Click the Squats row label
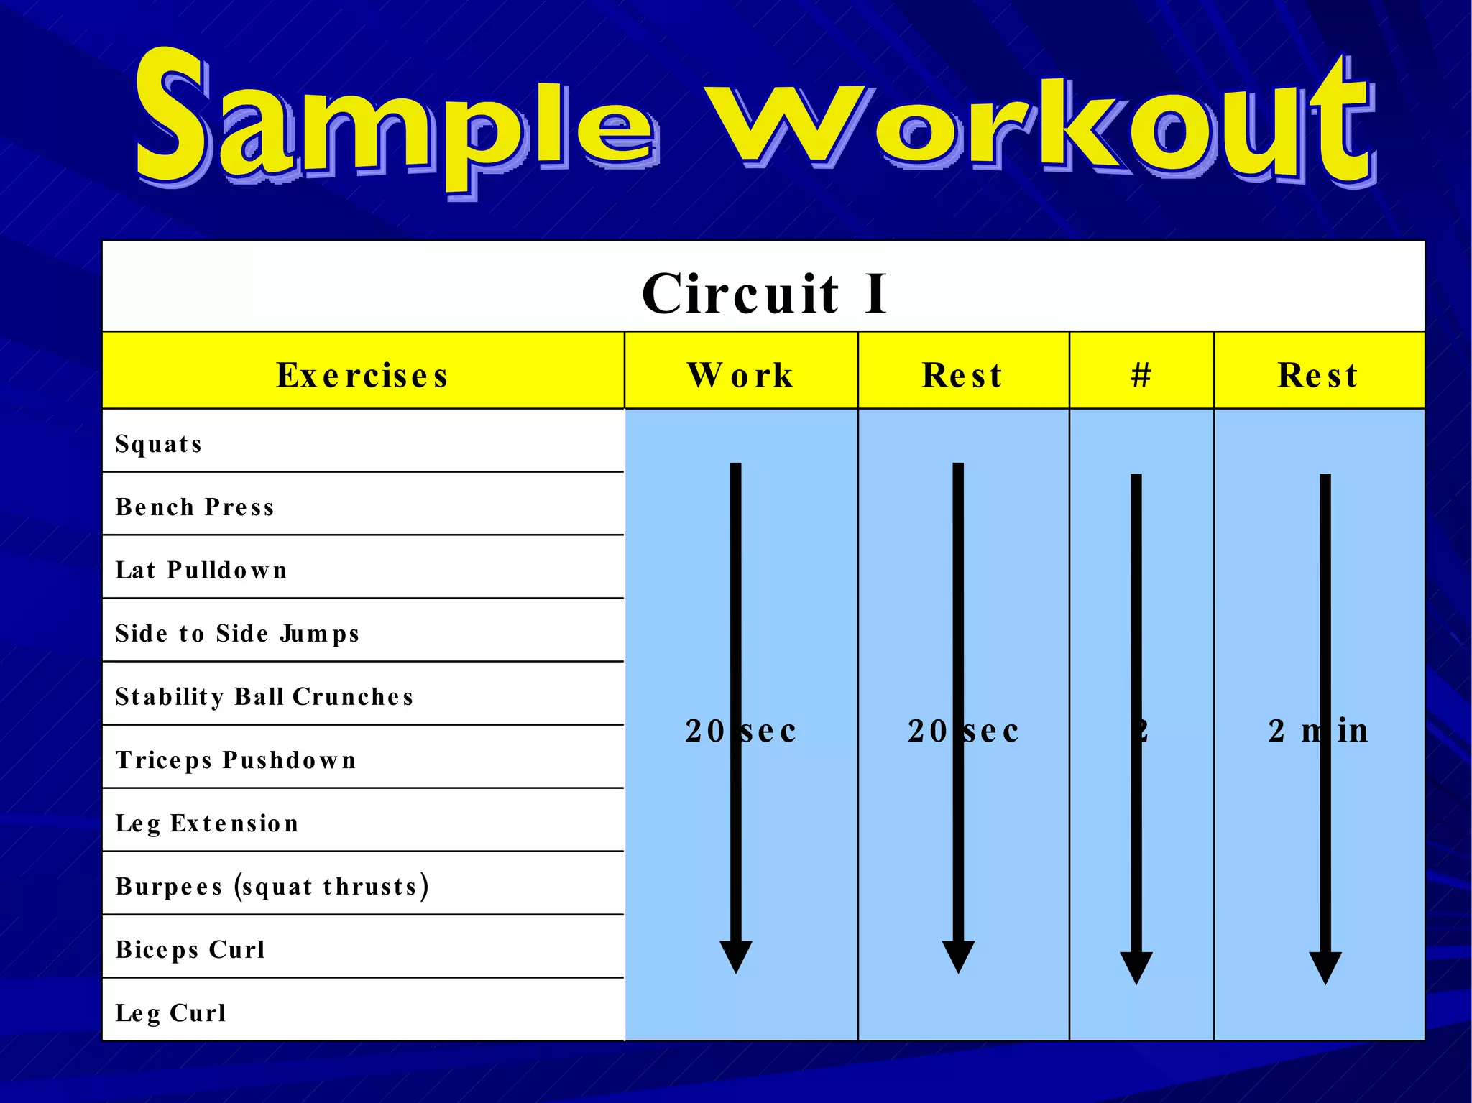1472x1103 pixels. [x=158, y=444]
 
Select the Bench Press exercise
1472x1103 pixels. [x=195, y=507]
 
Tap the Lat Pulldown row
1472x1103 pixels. [x=201, y=571]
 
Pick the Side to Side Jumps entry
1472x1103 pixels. [x=237, y=634]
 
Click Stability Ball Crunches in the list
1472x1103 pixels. [x=264, y=697]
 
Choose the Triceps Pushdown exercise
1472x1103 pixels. [x=236, y=760]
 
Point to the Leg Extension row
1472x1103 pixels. [x=207, y=823]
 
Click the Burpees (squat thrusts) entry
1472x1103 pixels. [x=272, y=887]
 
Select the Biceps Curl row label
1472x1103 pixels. [x=190, y=950]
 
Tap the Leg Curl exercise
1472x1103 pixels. [x=171, y=1013]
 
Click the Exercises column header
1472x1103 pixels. [x=363, y=375]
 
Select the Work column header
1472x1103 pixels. [x=741, y=375]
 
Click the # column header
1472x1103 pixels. [x=1141, y=375]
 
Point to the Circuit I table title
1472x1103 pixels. [x=764, y=293]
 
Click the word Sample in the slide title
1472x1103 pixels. [x=395, y=122]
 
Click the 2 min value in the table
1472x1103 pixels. [x=1318, y=731]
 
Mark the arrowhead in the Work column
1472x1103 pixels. [x=736, y=956]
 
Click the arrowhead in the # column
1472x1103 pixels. [x=1136, y=967]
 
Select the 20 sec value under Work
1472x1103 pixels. [x=741, y=732]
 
